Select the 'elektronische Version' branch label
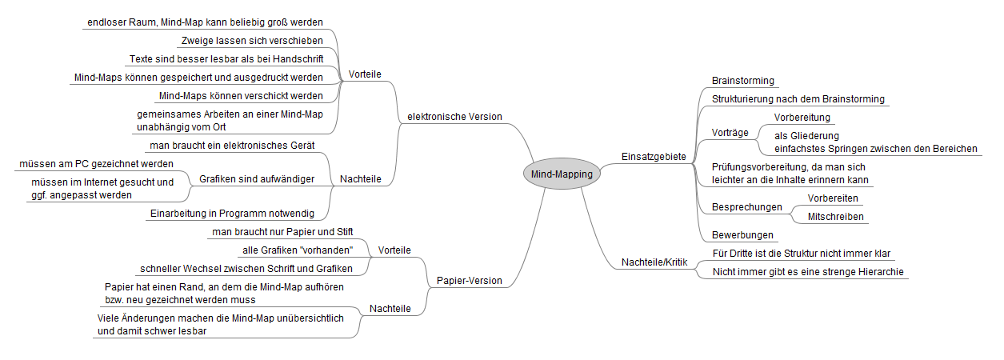[x=454, y=117]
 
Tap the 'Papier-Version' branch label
[x=469, y=281]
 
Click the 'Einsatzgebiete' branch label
[x=654, y=157]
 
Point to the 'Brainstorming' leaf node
[x=742, y=81]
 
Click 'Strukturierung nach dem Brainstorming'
[x=798, y=99]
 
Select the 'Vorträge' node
[x=730, y=133]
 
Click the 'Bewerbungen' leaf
[x=742, y=235]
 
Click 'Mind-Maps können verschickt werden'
[x=240, y=96]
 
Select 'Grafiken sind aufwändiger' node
[x=256, y=179]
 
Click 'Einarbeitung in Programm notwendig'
[x=231, y=214]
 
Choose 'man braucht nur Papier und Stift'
[x=282, y=232]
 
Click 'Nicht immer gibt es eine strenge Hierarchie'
[x=807, y=272]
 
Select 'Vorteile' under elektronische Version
[x=365, y=74]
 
